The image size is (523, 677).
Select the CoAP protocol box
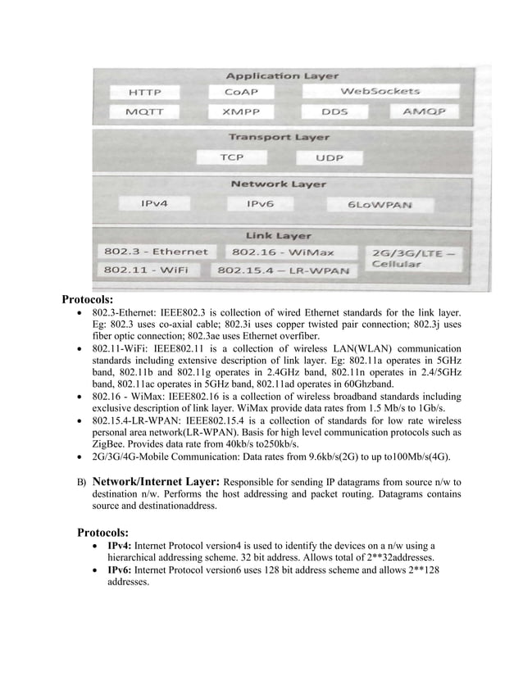243,92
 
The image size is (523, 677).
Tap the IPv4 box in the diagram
155,203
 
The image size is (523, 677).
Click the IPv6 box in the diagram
265,203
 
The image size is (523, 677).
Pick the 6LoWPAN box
380,204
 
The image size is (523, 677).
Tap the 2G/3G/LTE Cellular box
412,258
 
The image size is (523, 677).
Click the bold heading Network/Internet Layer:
156,482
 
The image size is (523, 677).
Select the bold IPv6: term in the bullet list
120,570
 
